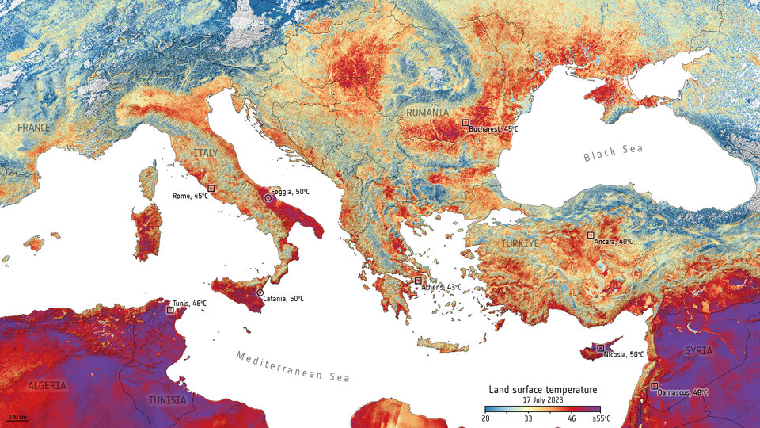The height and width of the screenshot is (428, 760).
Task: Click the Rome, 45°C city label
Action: coord(190,196)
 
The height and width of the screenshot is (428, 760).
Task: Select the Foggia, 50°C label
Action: coord(290,193)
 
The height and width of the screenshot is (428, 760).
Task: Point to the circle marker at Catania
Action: coord(260,292)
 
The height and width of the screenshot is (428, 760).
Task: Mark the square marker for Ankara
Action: coord(590,235)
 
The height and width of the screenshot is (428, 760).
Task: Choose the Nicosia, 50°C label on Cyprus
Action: coord(625,354)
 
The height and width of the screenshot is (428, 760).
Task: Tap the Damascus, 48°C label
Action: coord(682,392)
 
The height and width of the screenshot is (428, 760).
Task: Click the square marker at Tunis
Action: coord(170,310)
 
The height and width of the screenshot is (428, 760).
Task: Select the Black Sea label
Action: coord(614,154)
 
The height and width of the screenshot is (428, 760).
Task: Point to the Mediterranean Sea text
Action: coord(291,366)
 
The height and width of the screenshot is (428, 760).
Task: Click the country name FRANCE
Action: coord(34,128)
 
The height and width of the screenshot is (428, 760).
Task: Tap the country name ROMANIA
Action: coord(427,113)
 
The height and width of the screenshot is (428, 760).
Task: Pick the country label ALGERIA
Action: coord(46,385)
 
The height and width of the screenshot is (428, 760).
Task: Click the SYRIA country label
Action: coord(698,350)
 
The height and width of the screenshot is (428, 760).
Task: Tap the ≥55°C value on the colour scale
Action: coord(602,418)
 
